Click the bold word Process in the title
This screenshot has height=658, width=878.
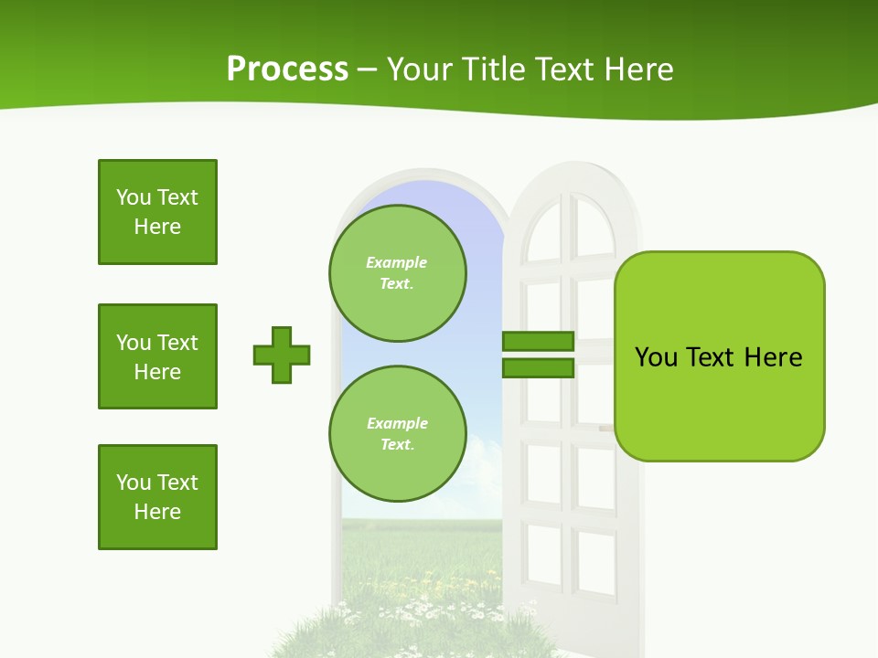coord(287,69)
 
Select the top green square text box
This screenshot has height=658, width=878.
coord(157,212)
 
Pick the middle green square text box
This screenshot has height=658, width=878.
coord(157,356)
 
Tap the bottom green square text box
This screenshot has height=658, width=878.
coord(157,497)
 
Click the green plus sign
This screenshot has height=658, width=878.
coord(282,355)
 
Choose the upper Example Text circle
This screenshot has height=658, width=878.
coord(397,272)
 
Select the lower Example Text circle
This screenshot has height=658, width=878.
coord(397,433)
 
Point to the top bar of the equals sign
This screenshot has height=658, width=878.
coord(538,341)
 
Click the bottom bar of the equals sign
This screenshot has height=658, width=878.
coord(538,367)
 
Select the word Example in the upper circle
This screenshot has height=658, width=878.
coord(397,262)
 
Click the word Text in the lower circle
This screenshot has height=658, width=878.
coord(397,444)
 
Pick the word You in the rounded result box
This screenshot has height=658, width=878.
coord(656,357)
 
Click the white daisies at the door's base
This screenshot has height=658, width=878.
coord(421,608)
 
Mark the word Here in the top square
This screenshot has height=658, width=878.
coord(157,227)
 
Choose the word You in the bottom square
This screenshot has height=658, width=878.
coord(134,483)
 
